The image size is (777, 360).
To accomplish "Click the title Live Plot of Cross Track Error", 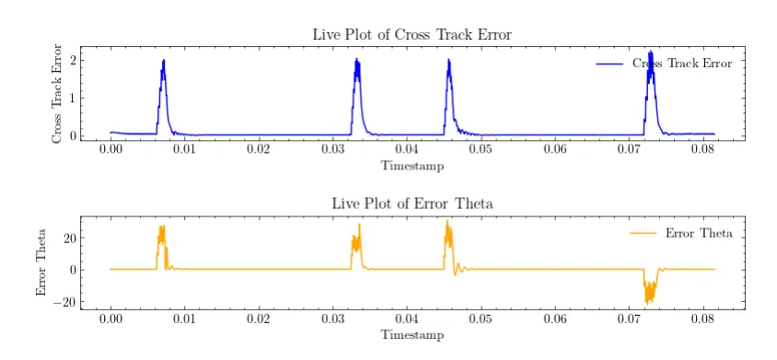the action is [x=412, y=35].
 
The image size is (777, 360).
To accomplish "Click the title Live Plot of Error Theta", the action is [x=412, y=203].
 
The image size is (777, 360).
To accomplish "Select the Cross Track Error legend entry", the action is [x=664, y=64].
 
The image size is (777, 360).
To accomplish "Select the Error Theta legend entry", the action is [x=681, y=233].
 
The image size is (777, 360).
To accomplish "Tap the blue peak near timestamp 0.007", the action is [x=163, y=61].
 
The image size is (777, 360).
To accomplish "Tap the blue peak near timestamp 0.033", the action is [x=356, y=60].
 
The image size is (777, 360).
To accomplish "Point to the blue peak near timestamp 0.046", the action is [x=448, y=60].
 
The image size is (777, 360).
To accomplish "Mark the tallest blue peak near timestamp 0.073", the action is [x=650, y=52].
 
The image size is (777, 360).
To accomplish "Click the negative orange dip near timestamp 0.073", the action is [x=646, y=302].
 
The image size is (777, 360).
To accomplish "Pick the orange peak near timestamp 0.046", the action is [x=447, y=221].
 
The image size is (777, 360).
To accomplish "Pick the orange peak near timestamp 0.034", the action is [x=359, y=225].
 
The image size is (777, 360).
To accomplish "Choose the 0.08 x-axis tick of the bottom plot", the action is [x=702, y=319].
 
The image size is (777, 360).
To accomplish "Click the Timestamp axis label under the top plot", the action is [x=412, y=166].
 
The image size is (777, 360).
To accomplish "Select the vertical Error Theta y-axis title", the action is [x=41, y=262].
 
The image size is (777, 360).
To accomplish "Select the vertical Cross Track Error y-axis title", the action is [x=58, y=93].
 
